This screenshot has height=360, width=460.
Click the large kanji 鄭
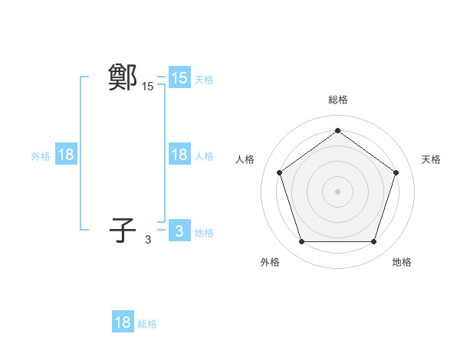pyautogui.click(x=123, y=77)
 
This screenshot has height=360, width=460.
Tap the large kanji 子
pyautogui.click(x=123, y=230)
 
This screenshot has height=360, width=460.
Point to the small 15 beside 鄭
pyautogui.click(x=147, y=87)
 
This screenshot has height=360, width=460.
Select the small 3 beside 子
pyautogui.click(x=148, y=240)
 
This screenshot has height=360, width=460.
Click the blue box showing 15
pyautogui.click(x=179, y=78)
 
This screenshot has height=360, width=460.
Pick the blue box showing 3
pyautogui.click(x=179, y=231)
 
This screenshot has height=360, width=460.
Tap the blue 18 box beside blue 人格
pyautogui.click(x=179, y=155)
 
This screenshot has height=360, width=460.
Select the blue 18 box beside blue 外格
pyautogui.click(x=66, y=155)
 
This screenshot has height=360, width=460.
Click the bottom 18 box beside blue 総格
pyautogui.click(x=123, y=322)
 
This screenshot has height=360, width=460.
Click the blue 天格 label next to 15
pyautogui.click(x=204, y=80)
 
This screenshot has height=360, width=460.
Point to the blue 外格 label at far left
pyautogui.click(x=41, y=156)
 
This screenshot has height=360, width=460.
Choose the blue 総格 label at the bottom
pyautogui.click(x=147, y=324)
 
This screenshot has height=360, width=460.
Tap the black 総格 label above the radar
pyautogui.click(x=337, y=100)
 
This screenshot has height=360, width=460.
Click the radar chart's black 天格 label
pyautogui.click(x=431, y=159)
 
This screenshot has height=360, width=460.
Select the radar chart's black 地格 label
pyautogui.click(x=402, y=262)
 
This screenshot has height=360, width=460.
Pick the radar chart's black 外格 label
pyautogui.click(x=270, y=262)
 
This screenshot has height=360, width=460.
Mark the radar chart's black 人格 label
pyautogui.click(x=245, y=159)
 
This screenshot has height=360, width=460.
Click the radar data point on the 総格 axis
pyautogui.click(x=337, y=130)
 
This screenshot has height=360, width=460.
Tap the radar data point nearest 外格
pyautogui.click(x=301, y=242)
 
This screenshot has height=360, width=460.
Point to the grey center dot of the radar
pyautogui.click(x=337, y=191)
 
